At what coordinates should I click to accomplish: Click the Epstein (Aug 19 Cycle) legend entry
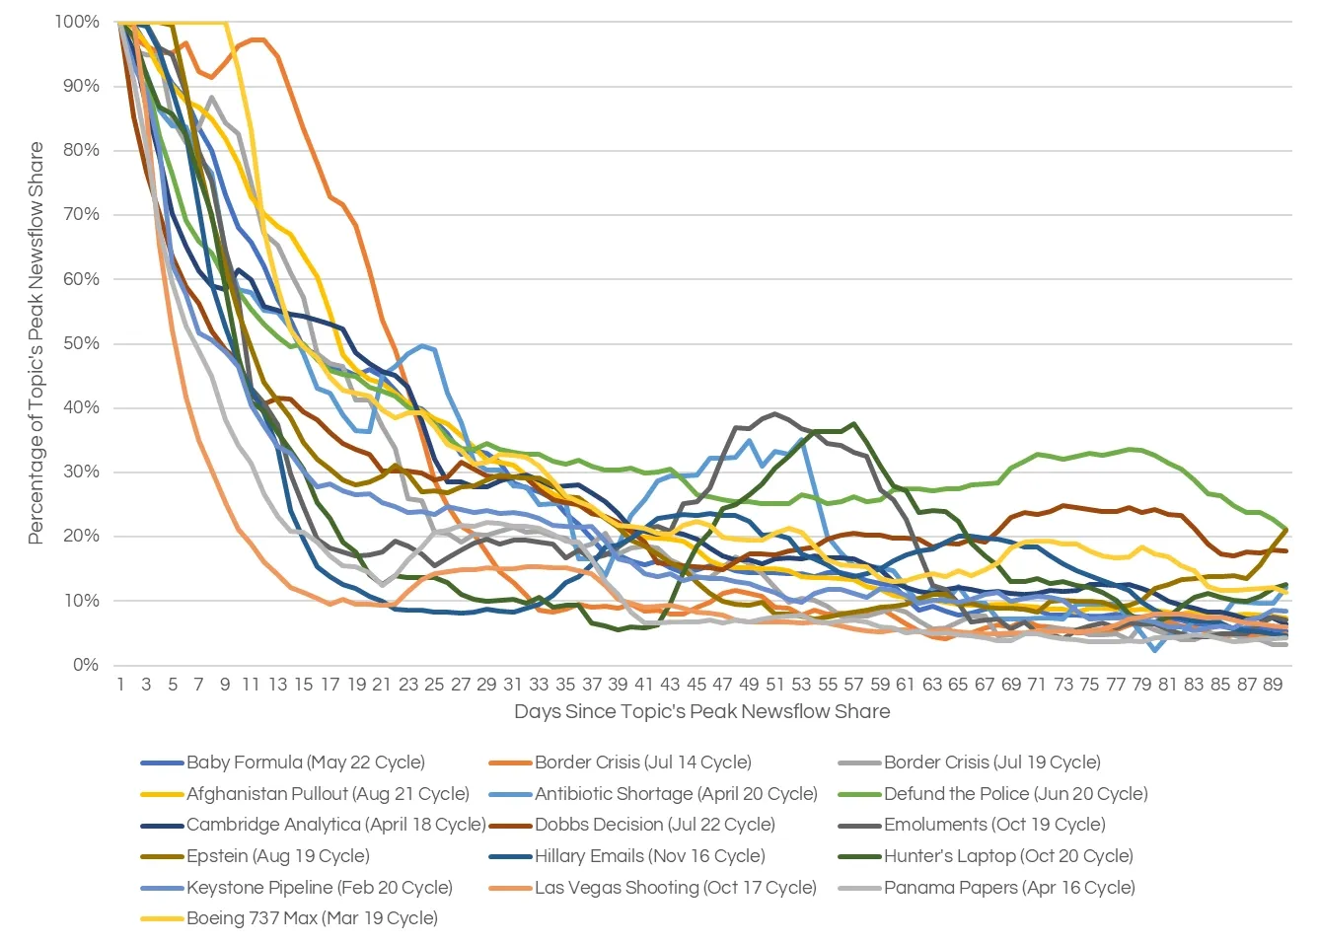(277, 856)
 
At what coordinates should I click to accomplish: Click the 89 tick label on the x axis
(1273, 685)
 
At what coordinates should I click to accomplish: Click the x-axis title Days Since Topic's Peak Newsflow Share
(701, 712)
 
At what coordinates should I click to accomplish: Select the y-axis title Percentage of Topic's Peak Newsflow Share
(37, 342)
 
